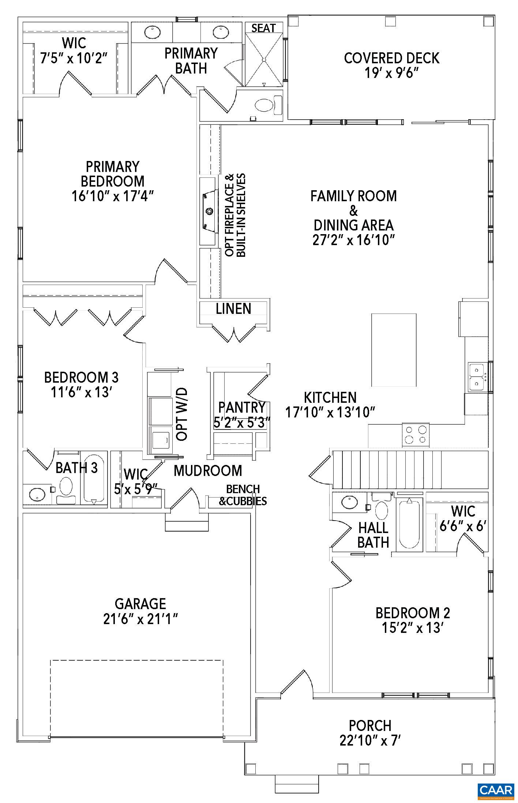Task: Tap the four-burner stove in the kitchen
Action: click(x=416, y=434)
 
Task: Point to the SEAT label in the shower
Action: click(x=264, y=28)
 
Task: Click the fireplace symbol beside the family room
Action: click(x=209, y=211)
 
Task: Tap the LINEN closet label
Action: click(x=233, y=309)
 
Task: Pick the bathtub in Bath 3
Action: click(x=94, y=479)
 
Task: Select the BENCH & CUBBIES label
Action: click(x=243, y=495)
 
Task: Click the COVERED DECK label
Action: click(x=391, y=58)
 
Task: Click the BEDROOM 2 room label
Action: click(x=413, y=612)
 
